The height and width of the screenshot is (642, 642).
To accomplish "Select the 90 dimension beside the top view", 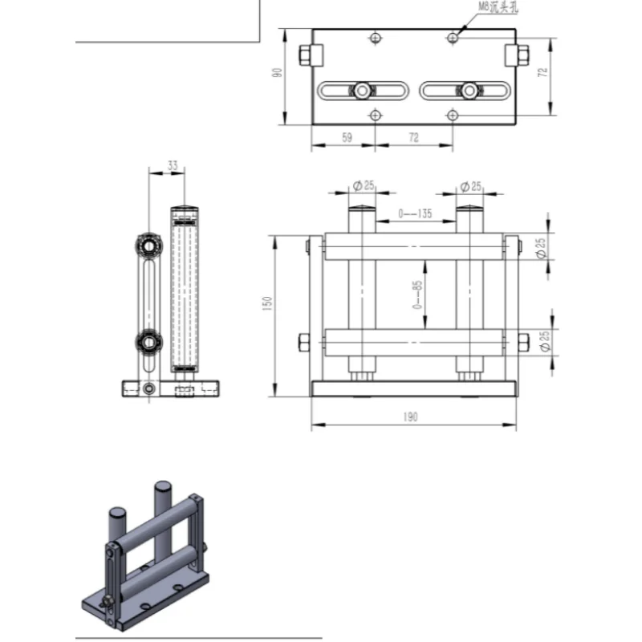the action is [x=275, y=74].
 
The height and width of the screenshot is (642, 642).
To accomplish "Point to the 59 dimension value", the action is [x=347, y=137].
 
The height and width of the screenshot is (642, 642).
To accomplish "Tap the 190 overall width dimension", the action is [x=412, y=416].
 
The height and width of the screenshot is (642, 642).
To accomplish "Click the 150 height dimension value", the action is [x=268, y=303].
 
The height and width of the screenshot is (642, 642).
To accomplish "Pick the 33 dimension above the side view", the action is [x=173, y=165].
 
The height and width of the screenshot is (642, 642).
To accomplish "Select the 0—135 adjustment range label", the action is [x=416, y=213].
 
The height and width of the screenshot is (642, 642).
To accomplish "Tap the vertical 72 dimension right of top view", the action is [x=542, y=71].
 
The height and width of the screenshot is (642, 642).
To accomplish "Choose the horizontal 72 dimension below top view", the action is [x=413, y=137].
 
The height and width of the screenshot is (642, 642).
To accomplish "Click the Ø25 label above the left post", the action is [x=364, y=186].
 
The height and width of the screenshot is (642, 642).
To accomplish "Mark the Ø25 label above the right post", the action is [x=470, y=186].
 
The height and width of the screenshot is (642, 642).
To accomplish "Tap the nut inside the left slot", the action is [x=363, y=91].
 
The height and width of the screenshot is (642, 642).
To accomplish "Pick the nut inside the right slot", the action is [x=466, y=91].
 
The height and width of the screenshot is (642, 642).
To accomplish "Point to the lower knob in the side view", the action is [x=148, y=343].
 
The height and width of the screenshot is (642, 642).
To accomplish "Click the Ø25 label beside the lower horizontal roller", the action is [x=543, y=341].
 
